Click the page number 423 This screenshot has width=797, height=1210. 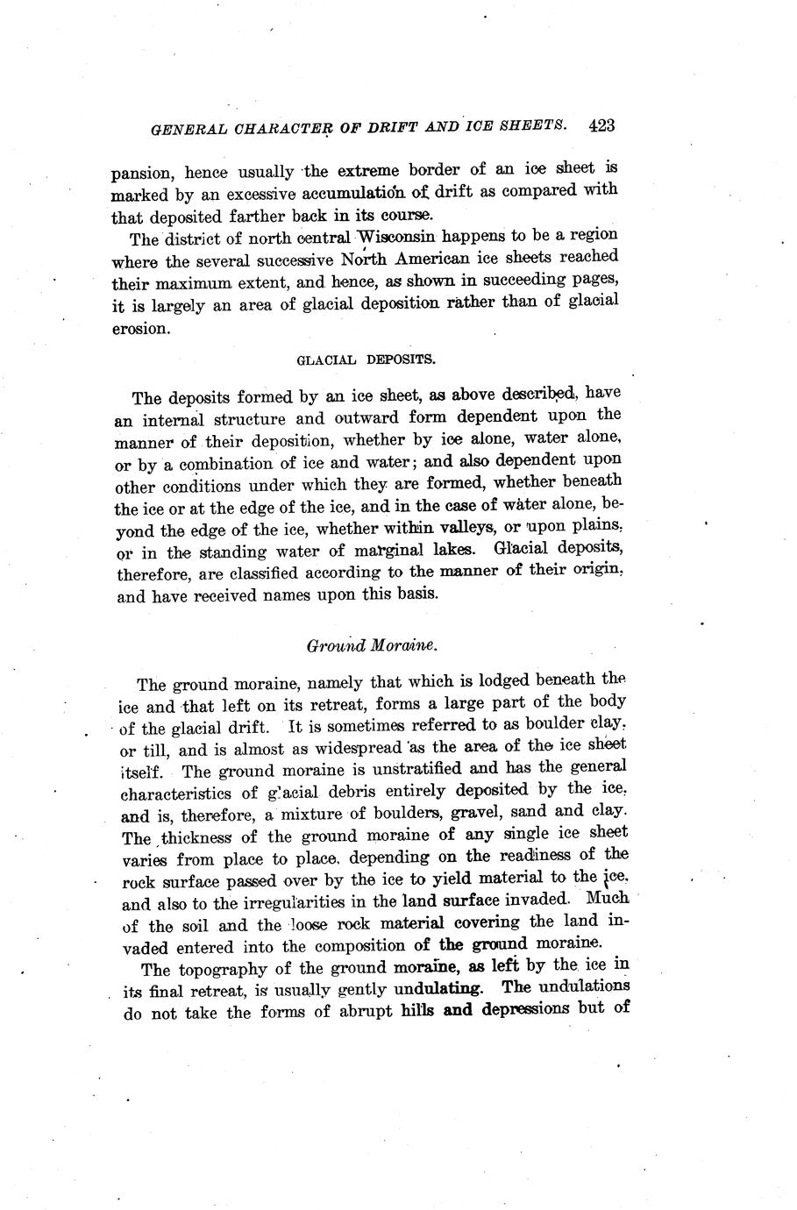click(601, 125)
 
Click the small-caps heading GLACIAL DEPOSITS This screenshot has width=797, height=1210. click(366, 359)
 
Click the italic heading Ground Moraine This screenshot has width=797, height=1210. click(372, 645)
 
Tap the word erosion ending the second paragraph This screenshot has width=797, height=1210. click(139, 329)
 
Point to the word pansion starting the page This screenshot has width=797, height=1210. click(140, 174)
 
